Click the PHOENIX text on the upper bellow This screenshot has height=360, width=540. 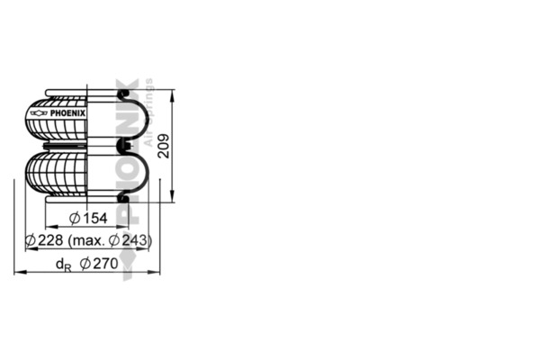point(67,114)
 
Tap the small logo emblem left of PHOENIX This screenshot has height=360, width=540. point(37,114)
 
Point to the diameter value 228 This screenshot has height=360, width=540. point(50,240)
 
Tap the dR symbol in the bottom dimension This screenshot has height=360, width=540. point(62,265)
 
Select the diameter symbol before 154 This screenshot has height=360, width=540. point(75,219)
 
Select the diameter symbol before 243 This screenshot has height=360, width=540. point(114,240)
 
